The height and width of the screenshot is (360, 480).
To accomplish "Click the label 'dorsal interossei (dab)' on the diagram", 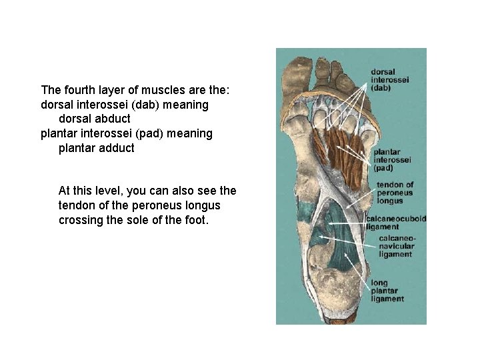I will point(390,79).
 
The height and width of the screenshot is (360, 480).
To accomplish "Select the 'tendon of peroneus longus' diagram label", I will point(395,192).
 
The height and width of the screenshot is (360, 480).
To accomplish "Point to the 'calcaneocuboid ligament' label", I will point(396,223).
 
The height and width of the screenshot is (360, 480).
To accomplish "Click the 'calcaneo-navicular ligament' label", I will point(397,246).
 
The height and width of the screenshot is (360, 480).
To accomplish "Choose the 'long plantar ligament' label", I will point(387,291).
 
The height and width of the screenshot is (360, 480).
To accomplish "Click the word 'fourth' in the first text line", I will point(77,89).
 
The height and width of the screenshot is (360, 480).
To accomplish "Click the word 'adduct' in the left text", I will point(116,148).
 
